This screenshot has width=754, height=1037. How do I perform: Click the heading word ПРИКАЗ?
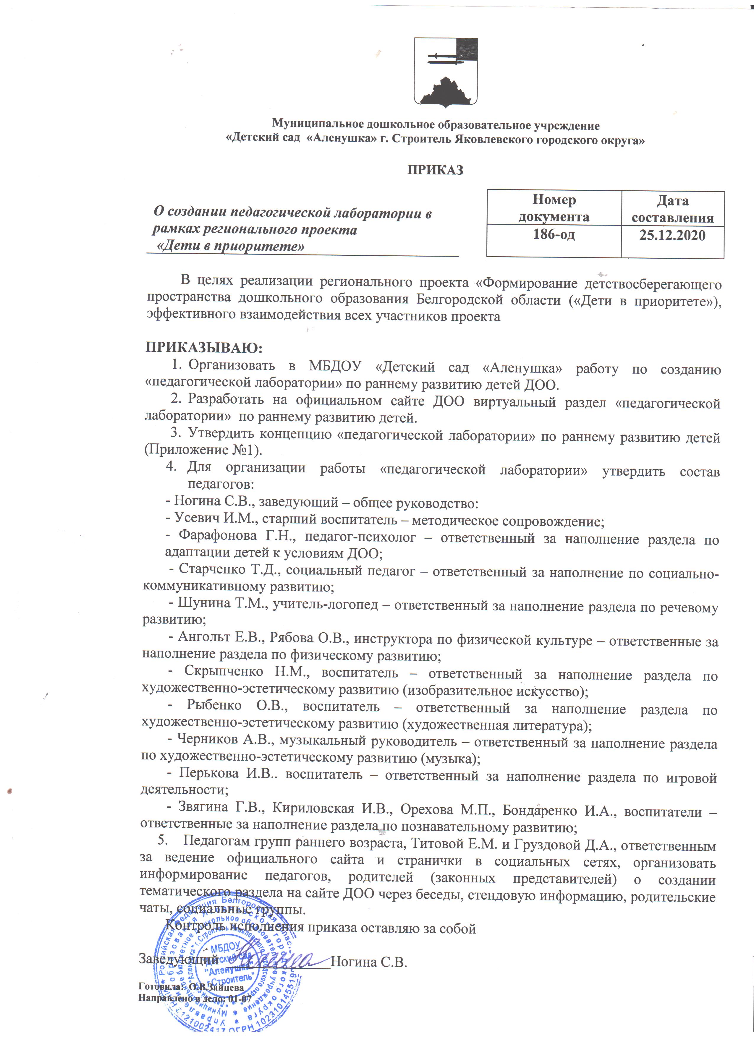tap(435, 170)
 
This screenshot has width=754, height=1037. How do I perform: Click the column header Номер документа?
tap(554, 208)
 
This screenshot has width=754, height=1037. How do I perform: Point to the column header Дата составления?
tap(672, 209)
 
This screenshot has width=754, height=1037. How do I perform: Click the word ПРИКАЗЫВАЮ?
tap(204, 348)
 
